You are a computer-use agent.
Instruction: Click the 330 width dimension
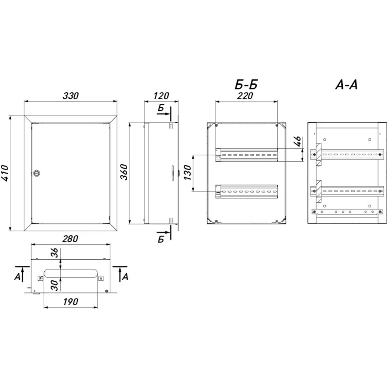pos(71,96)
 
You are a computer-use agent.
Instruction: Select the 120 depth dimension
pos(161,96)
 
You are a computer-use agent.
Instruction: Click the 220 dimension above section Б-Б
pos(245,96)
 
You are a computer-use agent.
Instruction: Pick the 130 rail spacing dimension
pos(187,172)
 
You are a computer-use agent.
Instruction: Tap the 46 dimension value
pos(298,141)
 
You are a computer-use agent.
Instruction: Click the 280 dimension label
pos(70,239)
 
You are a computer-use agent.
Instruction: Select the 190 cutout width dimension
pos(71,302)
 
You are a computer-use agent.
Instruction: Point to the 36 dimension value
pos(55,253)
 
